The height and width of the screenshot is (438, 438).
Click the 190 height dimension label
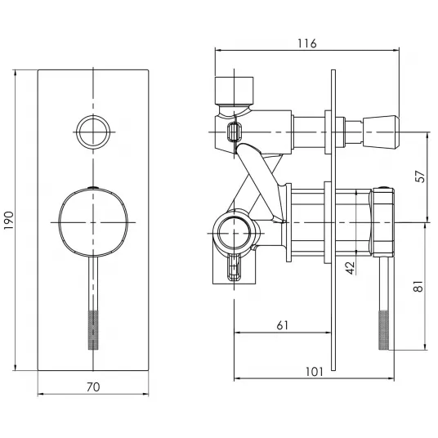[x=9, y=221]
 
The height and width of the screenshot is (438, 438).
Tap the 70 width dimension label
[x=93, y=387]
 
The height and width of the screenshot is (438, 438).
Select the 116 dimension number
[x=307, y=43]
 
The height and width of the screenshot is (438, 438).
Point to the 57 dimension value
[x=420, y=177]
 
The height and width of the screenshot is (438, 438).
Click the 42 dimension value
[x=350, y=267]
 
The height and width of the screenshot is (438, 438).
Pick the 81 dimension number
[x=418, y=286]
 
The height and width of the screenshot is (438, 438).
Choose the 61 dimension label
[x=282, y=325]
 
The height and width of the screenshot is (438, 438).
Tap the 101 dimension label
[x=315, y=372]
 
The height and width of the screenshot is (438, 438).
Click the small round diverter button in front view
[x=93, y=132]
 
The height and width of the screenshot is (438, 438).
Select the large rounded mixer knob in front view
[x=93, y=222]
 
